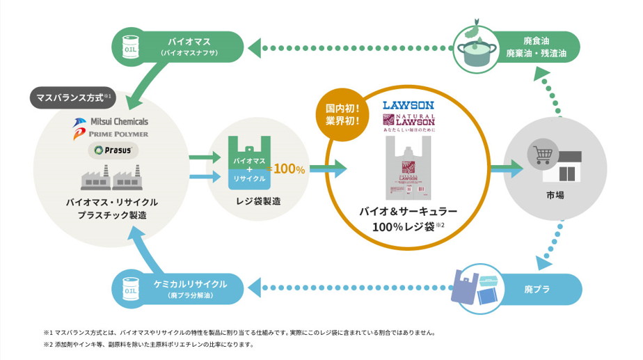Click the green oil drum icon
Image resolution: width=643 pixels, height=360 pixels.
(130, 47)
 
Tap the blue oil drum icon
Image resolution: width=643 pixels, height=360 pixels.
(130, 289)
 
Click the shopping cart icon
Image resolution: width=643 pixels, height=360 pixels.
(542, 154)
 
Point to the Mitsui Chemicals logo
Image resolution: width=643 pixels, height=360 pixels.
(110, 122)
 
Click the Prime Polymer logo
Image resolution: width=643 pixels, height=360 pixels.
(110, 134)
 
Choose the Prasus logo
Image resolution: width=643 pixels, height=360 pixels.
(110, 150)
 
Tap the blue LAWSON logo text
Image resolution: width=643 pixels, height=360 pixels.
(408, 106)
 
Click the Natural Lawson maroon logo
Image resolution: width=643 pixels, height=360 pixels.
(408, 123)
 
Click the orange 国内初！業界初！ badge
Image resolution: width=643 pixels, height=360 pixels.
(342, 115)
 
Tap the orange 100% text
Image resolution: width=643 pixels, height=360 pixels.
(287, 169)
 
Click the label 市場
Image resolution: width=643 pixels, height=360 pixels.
(555, 195)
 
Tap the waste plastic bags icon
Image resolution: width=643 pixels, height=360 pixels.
(476, 286)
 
